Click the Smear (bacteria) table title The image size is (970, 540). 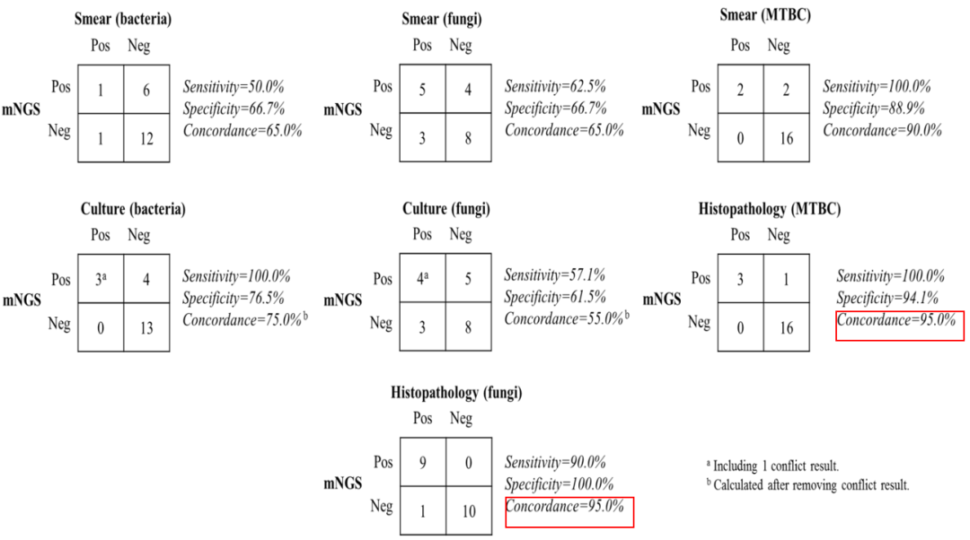tap(122, 19)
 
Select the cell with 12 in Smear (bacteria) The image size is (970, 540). tap(146, 138)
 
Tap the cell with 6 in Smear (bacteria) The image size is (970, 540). tap(146, 90)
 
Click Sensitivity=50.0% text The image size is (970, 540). tap(234, 87)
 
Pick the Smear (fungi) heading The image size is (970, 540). tap(442, 19)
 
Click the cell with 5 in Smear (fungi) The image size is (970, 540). tap(422, 89)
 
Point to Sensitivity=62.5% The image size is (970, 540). tap(555, 86)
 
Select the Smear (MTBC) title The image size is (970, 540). tap(765, 15)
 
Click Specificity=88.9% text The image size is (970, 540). tap(874, 109)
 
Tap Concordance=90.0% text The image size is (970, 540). tap(882, 130)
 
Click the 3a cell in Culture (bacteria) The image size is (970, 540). tap(101, 279)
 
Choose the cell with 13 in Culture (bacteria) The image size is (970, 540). tap(146, 327)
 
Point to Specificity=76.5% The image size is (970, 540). tap(234, 299)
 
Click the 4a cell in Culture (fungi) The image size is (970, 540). tap(422, 278)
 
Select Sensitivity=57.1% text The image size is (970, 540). tap(554, 275)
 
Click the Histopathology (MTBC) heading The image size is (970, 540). tap(770, 209)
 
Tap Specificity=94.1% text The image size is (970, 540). tap(887, 299)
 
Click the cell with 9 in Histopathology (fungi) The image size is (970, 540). tap(423, 462)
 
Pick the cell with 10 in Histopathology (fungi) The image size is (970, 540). tap(469, 510)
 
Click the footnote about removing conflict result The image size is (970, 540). tap(808, 485)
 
